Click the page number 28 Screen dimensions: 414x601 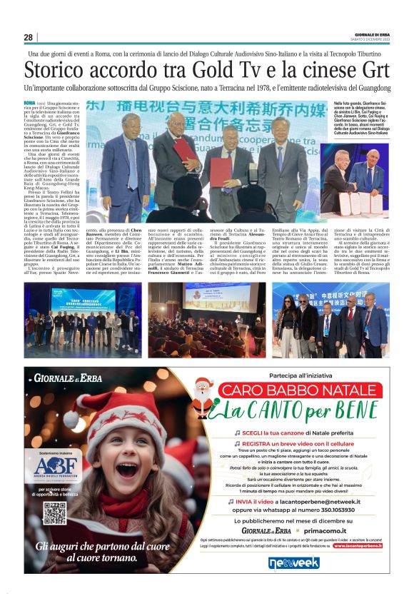[x=29, y=38]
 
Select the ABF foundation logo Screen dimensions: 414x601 [x=54, y=449]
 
